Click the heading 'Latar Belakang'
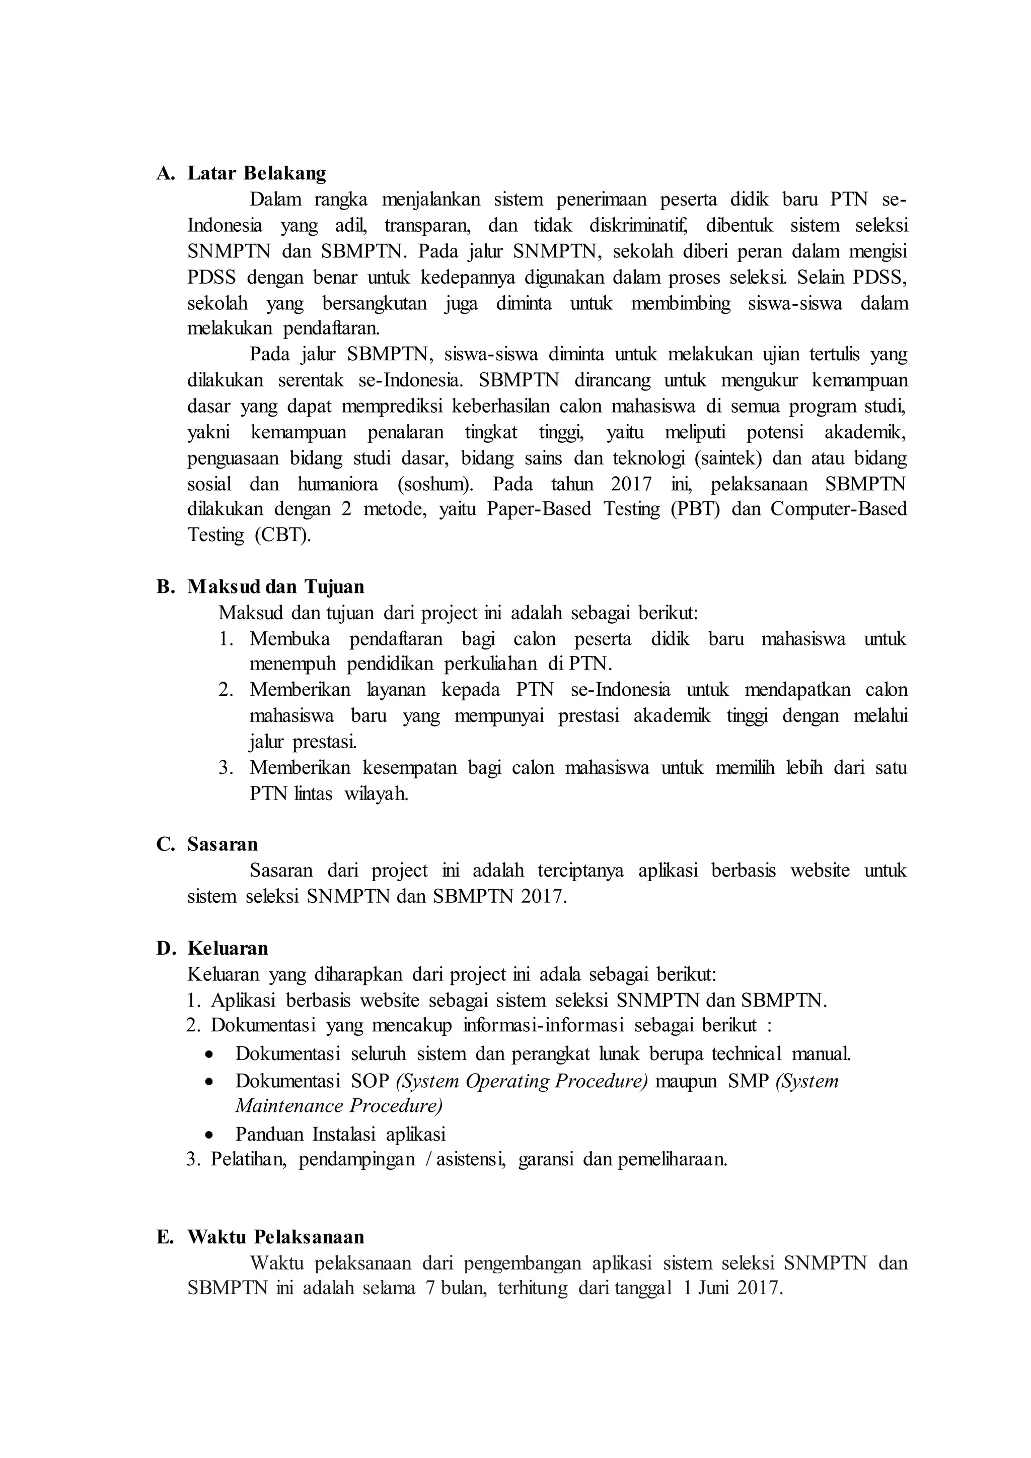(256, 173)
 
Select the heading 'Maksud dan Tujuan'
(275, 586)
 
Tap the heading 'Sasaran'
(222, 844)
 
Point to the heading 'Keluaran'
(227, 949)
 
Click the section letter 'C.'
(165, 844)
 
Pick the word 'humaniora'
(337, 484)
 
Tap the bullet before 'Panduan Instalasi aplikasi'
(209, 1135)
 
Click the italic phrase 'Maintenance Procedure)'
(338, 1106)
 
